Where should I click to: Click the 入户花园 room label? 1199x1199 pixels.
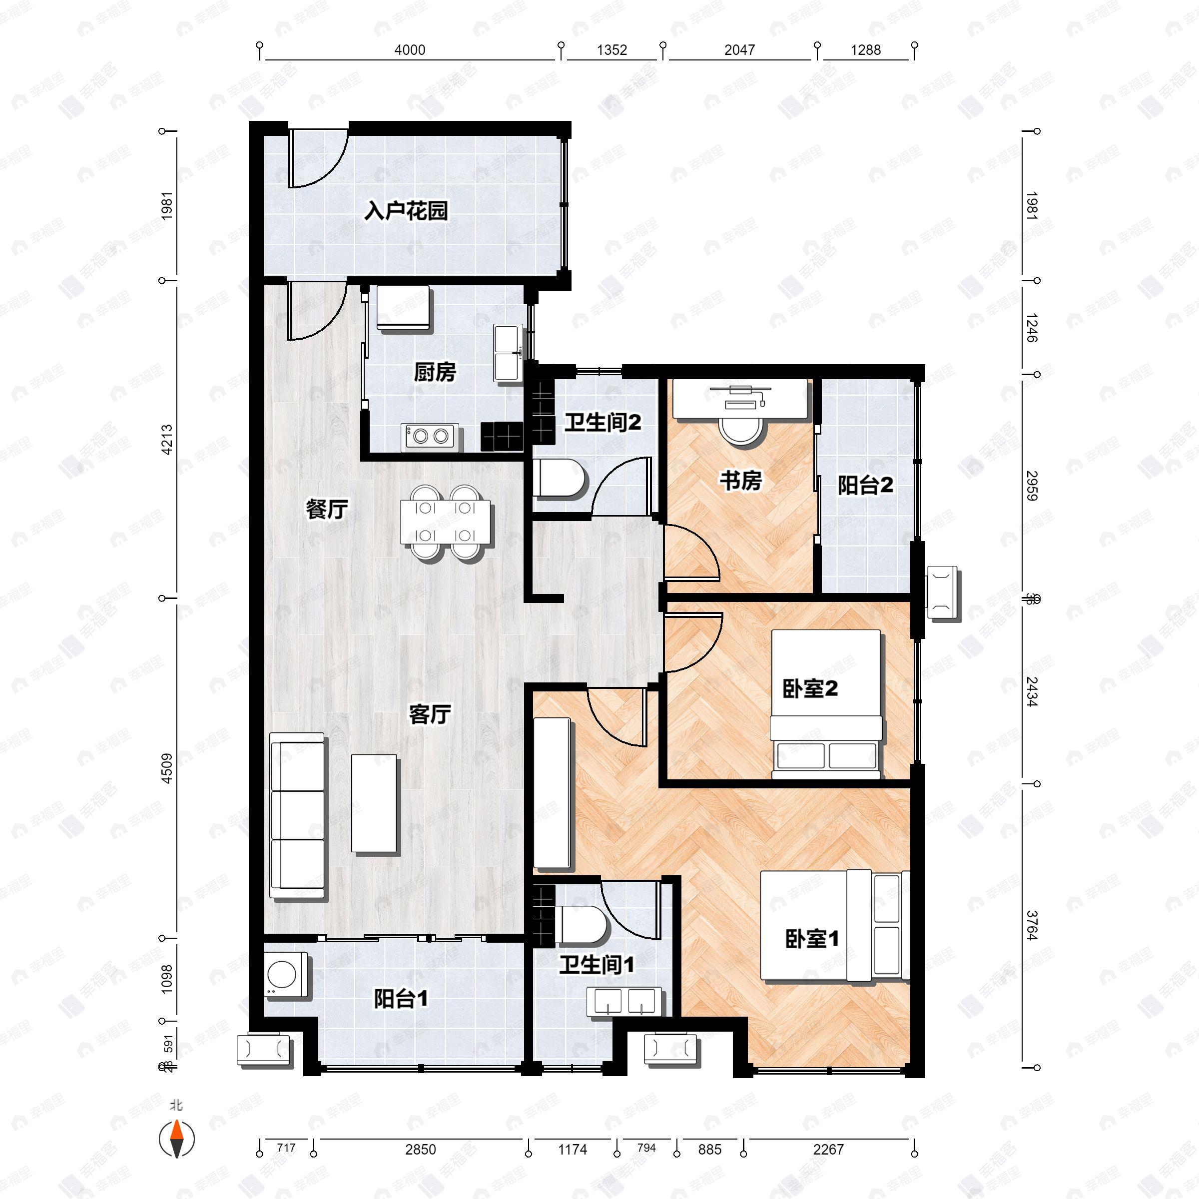(x=406, y=211)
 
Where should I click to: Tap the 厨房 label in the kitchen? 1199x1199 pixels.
(x=435, y=372)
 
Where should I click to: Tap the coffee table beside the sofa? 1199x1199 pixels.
(x=374, y=804)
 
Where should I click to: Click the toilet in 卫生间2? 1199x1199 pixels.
(x=561, y=479)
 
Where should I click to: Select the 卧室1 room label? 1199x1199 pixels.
(x=812, y=939)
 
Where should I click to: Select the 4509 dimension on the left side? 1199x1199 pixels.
(x=166, y=768)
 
